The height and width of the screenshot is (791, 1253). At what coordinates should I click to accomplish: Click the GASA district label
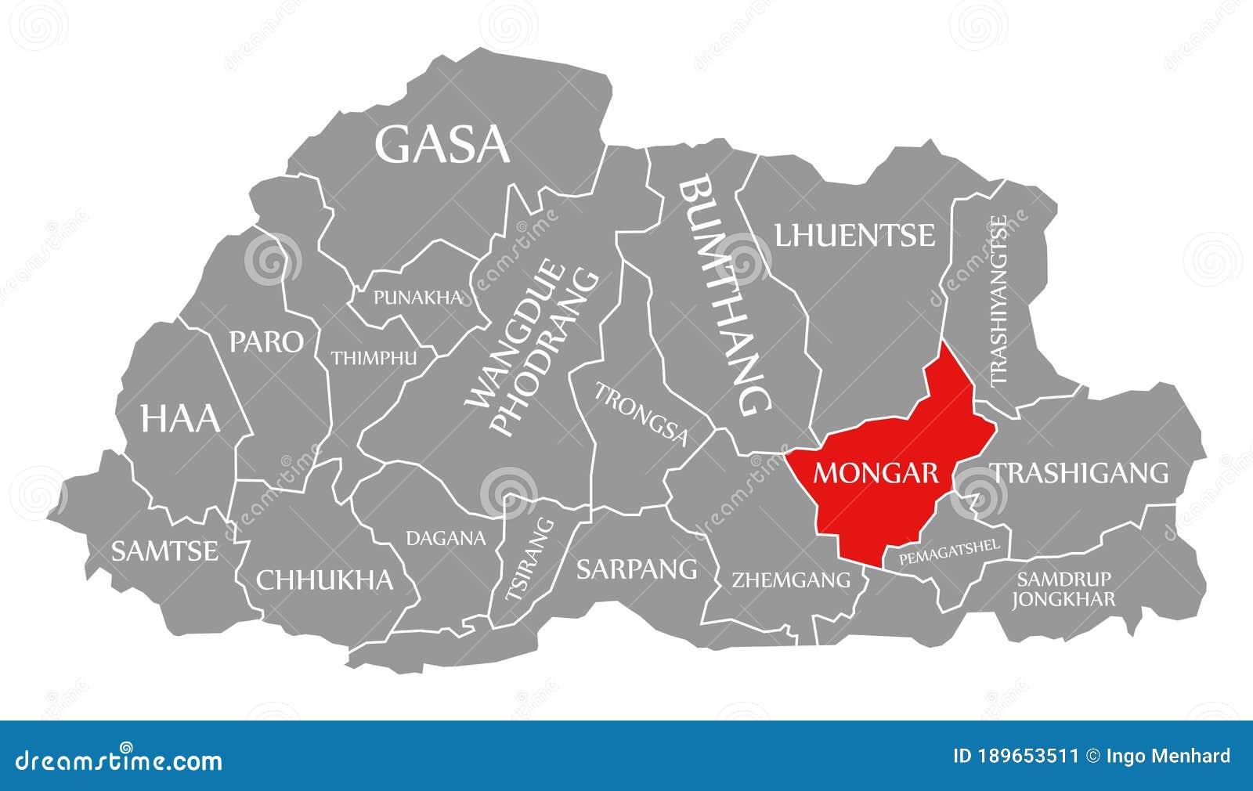pyautogui.click(x=442, y=145)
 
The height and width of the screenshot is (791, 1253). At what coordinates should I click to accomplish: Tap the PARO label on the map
pyautogui.click(x=265, y=341)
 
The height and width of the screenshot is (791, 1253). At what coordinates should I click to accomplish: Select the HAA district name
pyautogui.click(x=179, y=418)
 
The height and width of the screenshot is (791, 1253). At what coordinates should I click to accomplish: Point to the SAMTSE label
pyautogui.click(x=164, y=551)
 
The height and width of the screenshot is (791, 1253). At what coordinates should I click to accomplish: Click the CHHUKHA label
pyautogui.click(x=324, y=580)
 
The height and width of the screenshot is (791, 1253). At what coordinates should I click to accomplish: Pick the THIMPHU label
pyautogui.click(x=373, y=359)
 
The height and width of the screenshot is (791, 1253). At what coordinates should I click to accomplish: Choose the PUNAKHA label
pyautogui.click(x=417, y=298)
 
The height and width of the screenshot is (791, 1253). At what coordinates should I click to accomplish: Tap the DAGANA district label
pyautogui.click(x=445, y=538)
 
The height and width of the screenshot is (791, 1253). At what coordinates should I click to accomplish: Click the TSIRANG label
pyautogui.click(x=529, y=560)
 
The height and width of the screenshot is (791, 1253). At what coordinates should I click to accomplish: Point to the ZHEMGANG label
pyautogui.click(x=790, y=580)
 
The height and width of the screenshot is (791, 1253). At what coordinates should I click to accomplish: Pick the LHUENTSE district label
pyautogui.click(x=854, y=235)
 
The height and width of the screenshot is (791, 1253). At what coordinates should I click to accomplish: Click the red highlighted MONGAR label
pyautogui.click(x=876, y=473)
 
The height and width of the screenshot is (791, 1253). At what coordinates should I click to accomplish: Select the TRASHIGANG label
pyautogui.click(x=1080, y=473)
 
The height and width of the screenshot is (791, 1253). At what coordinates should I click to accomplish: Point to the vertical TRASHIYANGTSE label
pyautogui.click(x=998, y=301)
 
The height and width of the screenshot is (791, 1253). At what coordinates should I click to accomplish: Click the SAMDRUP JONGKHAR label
pyautogui.click(x=1063, y=590)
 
